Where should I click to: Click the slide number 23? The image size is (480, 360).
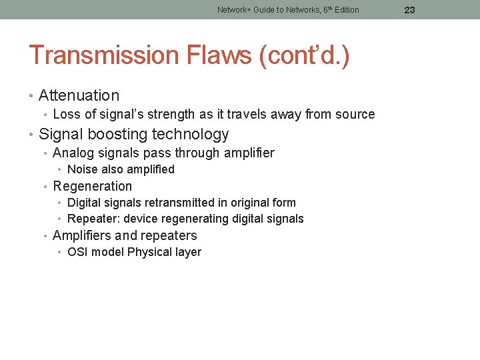point(409,10)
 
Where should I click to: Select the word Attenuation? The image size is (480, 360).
point(79,96)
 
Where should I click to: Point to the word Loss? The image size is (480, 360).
point(65,115)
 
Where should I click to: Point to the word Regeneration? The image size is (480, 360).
point(92,186)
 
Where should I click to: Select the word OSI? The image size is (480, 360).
point(77,252)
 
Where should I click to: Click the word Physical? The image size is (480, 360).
point(149,252)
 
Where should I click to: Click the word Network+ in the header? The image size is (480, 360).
point(233,10)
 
